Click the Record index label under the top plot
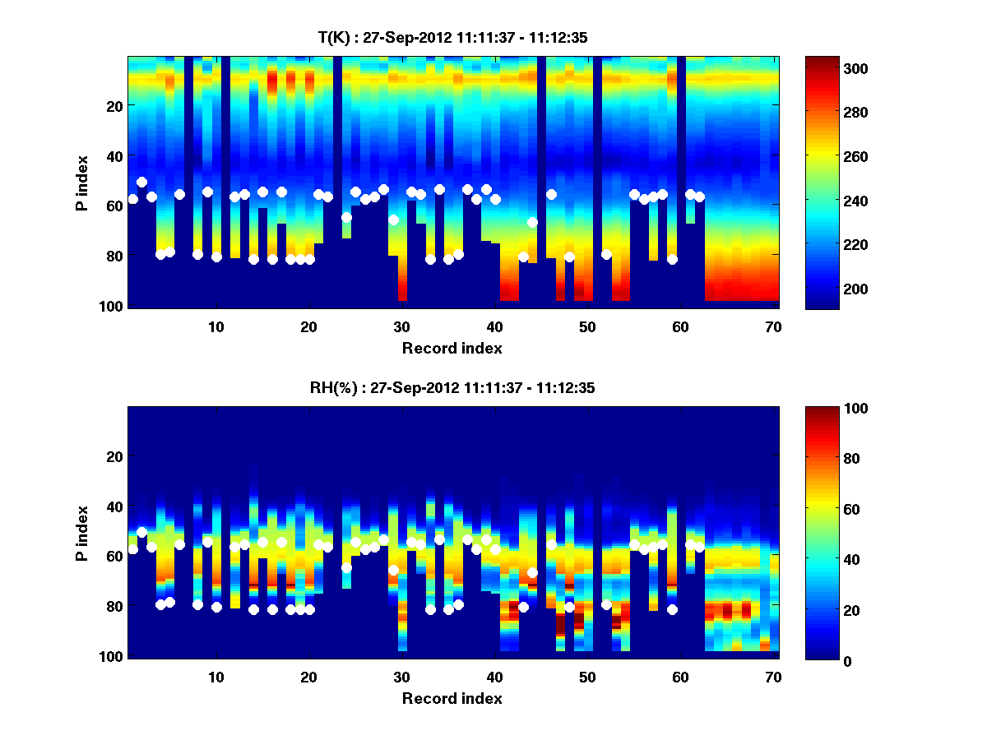coord(452,349)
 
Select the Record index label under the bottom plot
coord(452,699)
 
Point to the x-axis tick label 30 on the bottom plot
coord(401,677)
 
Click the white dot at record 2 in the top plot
coord(142,182)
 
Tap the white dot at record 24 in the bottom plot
coord(346,568)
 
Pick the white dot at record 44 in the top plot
coord(532,223)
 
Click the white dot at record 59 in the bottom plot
coord(672,609)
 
